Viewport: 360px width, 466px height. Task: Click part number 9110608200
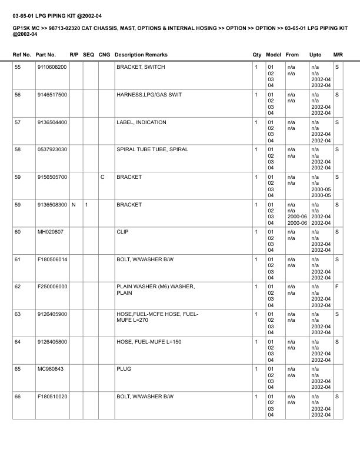(52, 68)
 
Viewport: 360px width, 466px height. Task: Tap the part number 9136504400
(52, 122)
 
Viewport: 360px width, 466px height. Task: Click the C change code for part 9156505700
(103, 177)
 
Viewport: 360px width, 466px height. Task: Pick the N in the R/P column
(73, 205)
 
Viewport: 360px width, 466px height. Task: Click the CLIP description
(122, 232)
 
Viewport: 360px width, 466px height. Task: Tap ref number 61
(18, 259)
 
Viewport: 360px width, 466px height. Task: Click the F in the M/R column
(336, 287)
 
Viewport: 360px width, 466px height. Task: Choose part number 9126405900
(52, 314)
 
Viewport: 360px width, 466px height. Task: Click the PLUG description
(124, 369)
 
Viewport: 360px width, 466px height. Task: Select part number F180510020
(52, 397)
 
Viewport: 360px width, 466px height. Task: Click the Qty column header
(256, 55)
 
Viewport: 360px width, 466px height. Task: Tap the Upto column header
(315, 55)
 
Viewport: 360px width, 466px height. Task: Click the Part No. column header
(46, 55)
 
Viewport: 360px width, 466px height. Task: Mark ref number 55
(18, 68)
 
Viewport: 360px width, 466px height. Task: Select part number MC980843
(49, 369)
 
